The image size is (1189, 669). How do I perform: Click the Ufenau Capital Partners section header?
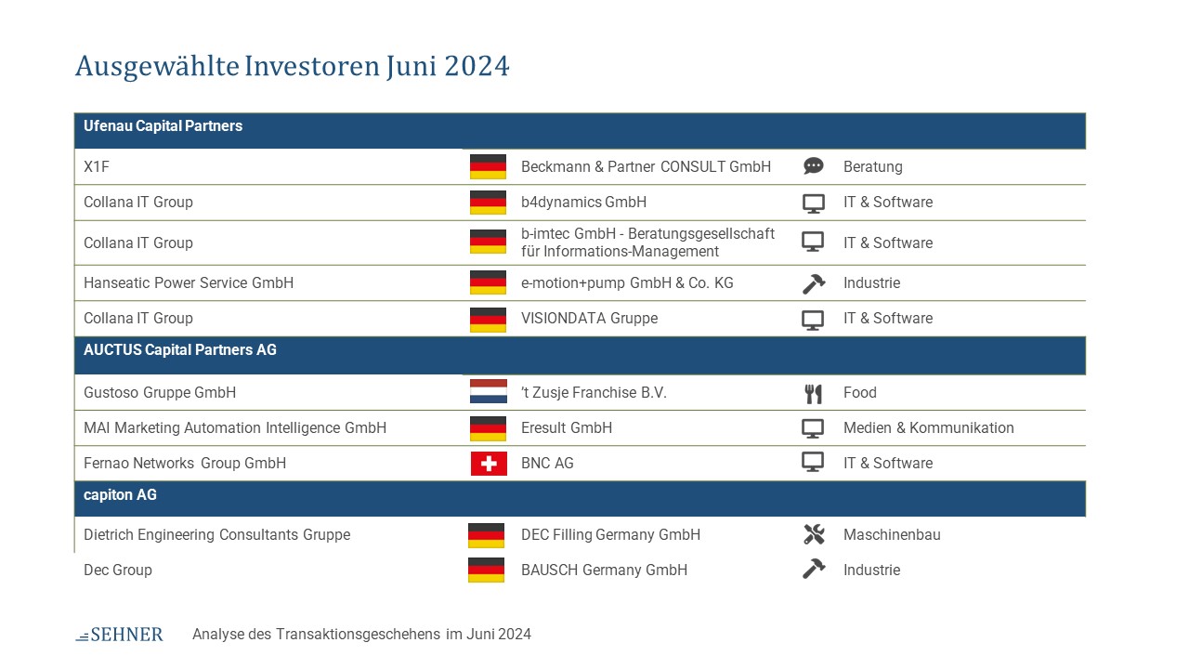(163, 125)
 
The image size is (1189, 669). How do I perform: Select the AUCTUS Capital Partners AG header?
(180, 350)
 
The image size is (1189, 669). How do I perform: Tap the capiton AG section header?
(120, 495)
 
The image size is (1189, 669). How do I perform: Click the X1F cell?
(96, 166)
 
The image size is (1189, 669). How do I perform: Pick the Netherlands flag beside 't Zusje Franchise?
(489, 391)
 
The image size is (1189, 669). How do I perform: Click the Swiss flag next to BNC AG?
(489, 463)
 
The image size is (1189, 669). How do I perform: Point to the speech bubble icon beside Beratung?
(813, 166)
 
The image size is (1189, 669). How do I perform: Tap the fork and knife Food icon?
(813, 393)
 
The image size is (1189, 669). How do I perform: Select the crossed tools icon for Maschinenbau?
(814, 534)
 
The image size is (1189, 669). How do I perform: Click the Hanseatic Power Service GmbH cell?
(189, 282)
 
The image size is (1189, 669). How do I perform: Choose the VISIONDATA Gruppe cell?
(589, 318)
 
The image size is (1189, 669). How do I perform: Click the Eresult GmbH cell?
(567, 427)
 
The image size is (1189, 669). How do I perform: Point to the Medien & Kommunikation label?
(928, 427)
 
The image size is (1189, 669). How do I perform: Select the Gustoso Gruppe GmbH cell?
(160, 392)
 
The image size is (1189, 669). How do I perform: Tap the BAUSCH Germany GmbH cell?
(604, 570)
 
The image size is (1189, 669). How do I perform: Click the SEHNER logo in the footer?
(120, 634)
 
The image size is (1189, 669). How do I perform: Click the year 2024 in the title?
(477, 66)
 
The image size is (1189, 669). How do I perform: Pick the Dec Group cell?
(118, 570)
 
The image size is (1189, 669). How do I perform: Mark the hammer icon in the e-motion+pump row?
(813, 283)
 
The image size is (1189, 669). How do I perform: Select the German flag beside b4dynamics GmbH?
(488, 203)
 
